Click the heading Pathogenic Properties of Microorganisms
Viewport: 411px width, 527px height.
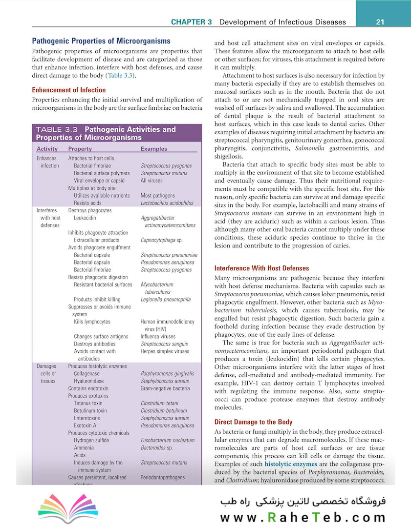[x=101, y=41]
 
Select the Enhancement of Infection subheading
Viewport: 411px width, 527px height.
[x=68, y=90]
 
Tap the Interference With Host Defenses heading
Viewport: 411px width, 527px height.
[x=261, y=268]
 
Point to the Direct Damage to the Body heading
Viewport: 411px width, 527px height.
[x=254, y=422]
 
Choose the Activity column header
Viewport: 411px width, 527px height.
[x=47, y=149]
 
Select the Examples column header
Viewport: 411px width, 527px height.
[x=153, y=149]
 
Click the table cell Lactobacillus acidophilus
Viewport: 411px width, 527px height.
[x=167, y=203]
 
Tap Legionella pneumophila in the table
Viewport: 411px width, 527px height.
[x=166, y=300]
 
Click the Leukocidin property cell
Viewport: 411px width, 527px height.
[x=88, y=218]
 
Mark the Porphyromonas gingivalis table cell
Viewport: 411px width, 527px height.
[x=168, y=374]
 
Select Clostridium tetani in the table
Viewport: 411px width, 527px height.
[x=159, y=404]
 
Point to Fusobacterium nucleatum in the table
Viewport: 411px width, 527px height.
[x=168, y=441]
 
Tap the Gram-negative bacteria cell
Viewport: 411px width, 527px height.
[x=165, y=388]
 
